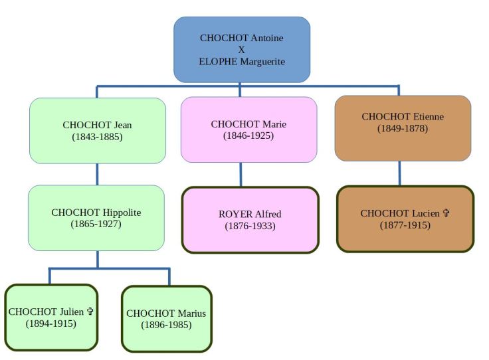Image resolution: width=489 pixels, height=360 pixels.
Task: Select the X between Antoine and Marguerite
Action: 242,49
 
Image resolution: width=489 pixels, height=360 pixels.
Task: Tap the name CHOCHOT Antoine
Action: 242,38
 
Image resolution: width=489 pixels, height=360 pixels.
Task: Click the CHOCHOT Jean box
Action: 97,130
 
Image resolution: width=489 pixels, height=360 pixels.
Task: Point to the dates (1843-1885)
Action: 97,136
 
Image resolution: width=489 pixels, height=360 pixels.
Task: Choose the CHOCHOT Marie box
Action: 248,130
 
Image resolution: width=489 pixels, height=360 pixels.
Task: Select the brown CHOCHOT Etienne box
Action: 403,128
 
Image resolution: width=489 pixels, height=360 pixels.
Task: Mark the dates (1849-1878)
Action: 403,128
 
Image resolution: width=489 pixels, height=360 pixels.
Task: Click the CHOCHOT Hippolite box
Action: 96,218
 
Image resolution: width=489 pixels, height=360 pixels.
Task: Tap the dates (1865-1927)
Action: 96,224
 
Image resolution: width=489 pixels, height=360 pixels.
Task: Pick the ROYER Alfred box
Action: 250,220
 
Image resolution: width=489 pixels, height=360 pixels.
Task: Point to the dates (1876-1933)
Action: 250,226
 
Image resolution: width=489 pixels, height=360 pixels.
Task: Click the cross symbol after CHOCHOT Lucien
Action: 446,213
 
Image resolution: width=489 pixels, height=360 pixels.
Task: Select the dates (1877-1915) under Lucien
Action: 405,225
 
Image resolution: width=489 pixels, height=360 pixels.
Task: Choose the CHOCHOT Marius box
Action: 166,318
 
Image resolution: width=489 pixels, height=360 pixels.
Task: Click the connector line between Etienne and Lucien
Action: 399,173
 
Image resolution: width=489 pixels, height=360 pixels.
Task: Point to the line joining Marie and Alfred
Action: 241,175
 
